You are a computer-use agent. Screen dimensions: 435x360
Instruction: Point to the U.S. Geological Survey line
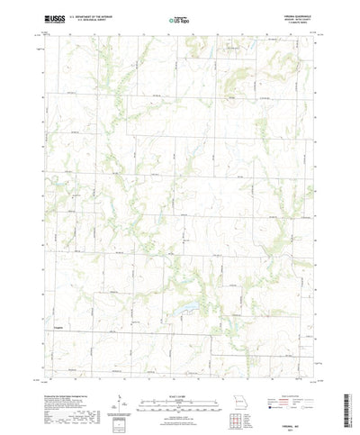pyautogui.click(x=88, y=18)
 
